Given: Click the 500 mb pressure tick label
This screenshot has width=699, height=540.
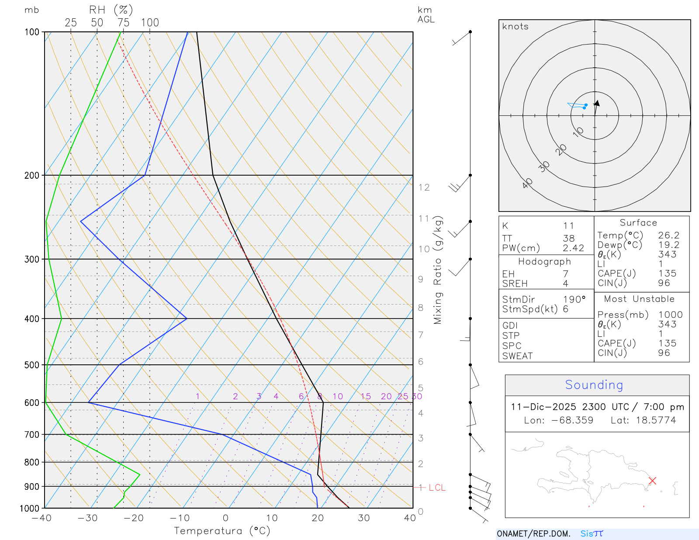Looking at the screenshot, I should (x=32, y=365).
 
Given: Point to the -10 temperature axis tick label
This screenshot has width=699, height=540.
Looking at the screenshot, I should (x=180, y=518).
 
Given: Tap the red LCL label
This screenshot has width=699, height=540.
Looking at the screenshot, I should (x=437, y=488).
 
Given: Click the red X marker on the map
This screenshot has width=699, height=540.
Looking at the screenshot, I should (x=652, y=481).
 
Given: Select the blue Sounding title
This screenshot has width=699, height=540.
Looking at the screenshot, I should (x=594, y=385).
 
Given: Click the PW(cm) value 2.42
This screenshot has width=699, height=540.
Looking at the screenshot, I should (x=573, y=248).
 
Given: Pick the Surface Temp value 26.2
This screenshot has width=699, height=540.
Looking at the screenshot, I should (x=668, y=235).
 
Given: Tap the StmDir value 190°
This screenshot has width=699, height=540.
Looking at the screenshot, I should (x=574, y=300).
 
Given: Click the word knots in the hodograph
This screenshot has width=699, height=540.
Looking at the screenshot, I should (x=515, y=27).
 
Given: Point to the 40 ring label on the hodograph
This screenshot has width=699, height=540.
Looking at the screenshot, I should (x=527, y=183).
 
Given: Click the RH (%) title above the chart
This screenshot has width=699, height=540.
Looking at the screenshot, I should (x=111, y=10).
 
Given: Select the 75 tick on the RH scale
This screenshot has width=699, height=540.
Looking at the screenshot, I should (x=123, y=23).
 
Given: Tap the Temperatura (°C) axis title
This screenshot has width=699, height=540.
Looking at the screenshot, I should (x=222, y=531).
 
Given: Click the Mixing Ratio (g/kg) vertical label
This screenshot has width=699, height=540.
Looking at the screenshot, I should (x=438, y=270).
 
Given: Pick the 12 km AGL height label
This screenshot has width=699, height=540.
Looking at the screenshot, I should (x=424, y=187).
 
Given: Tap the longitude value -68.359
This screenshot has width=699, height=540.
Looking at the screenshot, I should (x=572, y=420).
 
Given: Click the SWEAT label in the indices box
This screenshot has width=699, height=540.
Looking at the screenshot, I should (x=517, y=356).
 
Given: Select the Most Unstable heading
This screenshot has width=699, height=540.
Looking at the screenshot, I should (x=639, y=299).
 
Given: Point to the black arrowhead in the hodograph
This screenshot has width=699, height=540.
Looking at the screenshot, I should (x=597, y=104).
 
